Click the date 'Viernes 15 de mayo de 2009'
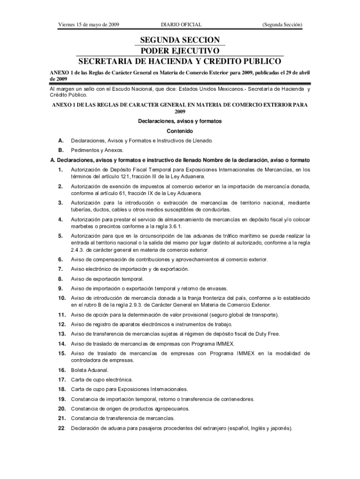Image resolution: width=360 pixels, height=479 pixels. point(88,24)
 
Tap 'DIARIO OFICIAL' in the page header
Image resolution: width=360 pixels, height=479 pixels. point(181,24)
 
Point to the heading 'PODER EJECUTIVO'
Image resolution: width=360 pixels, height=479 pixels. point(180,51)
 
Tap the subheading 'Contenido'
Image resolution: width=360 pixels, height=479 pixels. point(180,131)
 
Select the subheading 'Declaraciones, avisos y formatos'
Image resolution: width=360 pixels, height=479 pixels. point(180,122)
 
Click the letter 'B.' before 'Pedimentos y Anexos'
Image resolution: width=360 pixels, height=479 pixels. point(61,150)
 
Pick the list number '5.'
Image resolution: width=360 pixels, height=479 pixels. point(60,236)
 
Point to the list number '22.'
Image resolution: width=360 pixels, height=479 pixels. point(61,428)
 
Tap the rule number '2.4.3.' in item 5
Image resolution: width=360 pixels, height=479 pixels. point(79,250)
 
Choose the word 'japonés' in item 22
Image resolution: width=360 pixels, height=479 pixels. point(279,428)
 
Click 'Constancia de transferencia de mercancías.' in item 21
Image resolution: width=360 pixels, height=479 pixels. point(122,418)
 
